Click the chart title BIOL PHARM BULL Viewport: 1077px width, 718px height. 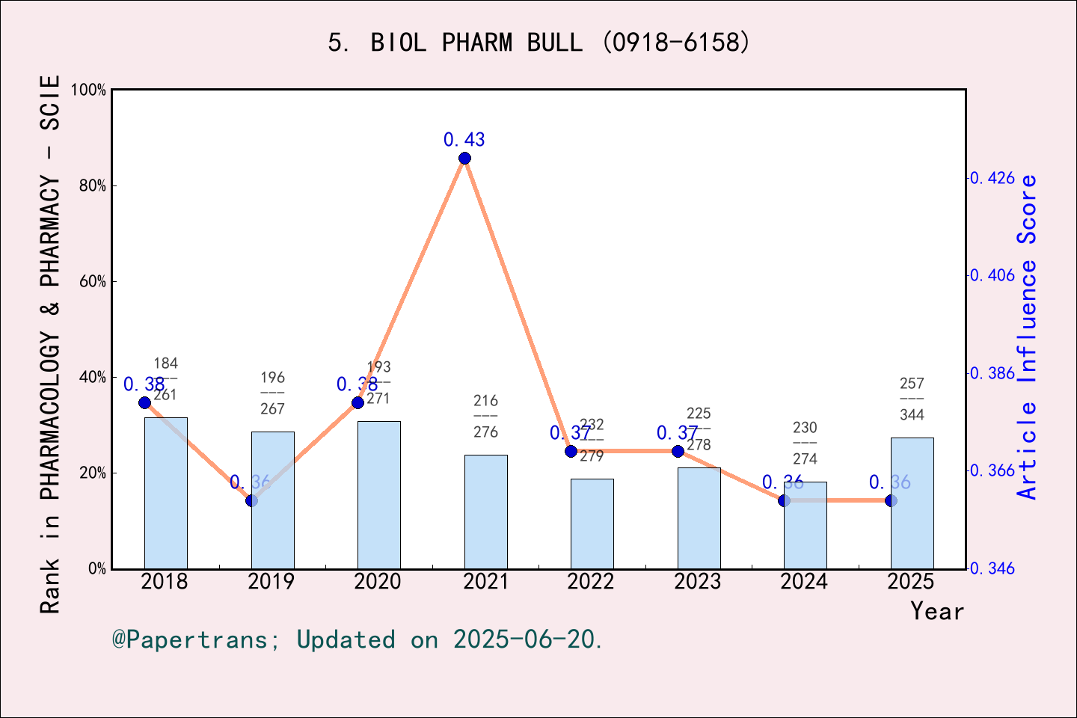click(x=538, y=43)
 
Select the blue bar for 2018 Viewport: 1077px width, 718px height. click(x=165, y=494)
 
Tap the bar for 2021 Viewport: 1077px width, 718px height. click(x=485, y=512)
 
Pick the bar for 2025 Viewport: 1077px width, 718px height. click(x=912, y=503)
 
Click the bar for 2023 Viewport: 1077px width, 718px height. click(x=699, y=518)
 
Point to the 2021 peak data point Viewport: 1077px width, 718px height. click(x=464, y=158)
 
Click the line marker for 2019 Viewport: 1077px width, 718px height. click(x=251, y=500)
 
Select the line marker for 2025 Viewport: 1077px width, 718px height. click(x=891, y=500)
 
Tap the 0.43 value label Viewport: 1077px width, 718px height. click(x=464, y=140)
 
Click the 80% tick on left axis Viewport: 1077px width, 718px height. click(x=93, y=185)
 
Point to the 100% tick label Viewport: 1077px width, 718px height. click(x=89, y=90)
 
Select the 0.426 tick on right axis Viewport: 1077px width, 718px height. click(x=992, y=178)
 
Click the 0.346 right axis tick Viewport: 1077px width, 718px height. click(x=992, y=568)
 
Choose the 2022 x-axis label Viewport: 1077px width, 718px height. click(x=591, y=582)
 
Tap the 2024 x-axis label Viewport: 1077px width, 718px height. click(x=804, y=582)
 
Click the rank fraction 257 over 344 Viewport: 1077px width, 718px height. click(x=912, y=399)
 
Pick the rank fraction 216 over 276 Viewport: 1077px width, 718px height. click(x=485, y=417)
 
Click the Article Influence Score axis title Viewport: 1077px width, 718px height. click(x=1028, y=337)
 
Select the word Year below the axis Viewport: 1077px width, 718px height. click(x=936, y=611)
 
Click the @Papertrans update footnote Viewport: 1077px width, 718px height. click(x=358, y=639)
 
